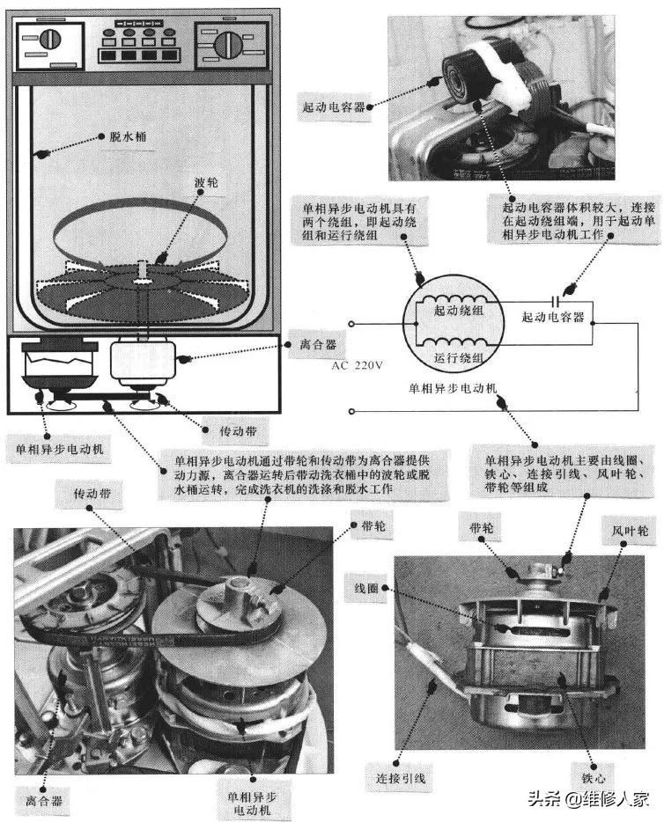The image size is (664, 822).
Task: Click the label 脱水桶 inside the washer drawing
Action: click(118, 139)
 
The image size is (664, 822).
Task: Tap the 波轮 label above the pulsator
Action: click(206, 184)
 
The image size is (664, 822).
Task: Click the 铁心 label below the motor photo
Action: click(595, 780)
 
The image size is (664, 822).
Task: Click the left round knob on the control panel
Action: click(49, 41)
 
